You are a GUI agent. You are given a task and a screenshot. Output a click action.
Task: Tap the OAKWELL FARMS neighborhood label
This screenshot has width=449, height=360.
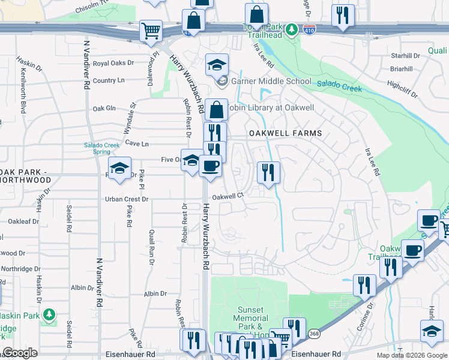coord(286,133)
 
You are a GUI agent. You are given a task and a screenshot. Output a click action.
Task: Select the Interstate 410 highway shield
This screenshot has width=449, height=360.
coord(308,29)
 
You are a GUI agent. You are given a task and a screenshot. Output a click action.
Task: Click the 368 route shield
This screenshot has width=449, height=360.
coord(313,333)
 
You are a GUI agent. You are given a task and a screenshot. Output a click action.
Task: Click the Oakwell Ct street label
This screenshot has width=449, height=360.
coord(227,196)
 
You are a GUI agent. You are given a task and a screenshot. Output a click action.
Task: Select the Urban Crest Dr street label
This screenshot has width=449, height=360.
coord(127,199)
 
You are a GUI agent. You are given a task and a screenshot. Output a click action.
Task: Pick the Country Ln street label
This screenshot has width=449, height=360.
coord(109,80)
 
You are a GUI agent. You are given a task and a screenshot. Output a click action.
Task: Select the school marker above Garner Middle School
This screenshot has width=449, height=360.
coord(217,64)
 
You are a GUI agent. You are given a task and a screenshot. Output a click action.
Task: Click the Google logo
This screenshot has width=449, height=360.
coord(20,353)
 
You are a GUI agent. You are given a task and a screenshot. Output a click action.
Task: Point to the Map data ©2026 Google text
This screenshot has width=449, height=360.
coord(412,355)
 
